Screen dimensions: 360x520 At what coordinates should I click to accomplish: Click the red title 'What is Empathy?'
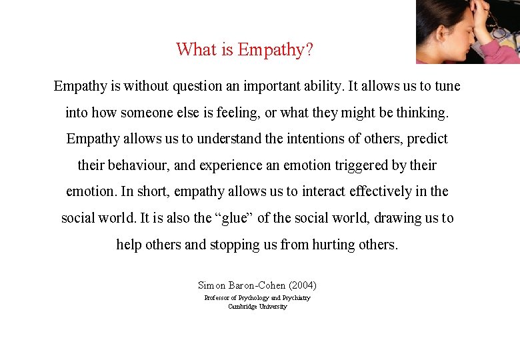tap(245, 49)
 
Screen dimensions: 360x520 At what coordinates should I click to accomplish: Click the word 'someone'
tap(159, 113)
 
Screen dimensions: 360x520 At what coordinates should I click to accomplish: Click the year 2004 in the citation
tap(304, 285)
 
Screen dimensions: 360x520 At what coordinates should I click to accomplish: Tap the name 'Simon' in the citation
tap(212, 285)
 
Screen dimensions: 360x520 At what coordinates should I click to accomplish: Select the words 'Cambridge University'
tap(257, 307)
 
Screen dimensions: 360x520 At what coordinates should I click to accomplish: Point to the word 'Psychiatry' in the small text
tap(297, 298)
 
